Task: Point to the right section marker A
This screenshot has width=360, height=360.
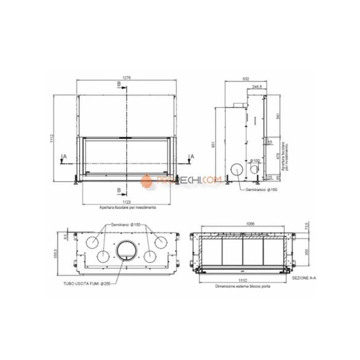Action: click(191, 155)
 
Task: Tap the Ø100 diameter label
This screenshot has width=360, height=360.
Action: click(255, 161)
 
